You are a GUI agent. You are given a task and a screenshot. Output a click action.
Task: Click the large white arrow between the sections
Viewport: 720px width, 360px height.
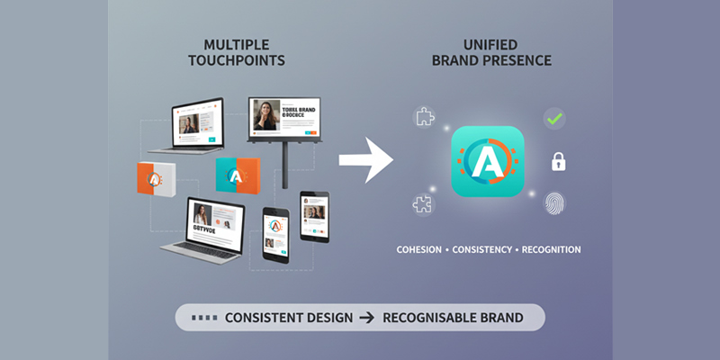366,161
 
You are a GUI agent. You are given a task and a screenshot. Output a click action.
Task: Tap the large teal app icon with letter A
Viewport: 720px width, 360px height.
487,162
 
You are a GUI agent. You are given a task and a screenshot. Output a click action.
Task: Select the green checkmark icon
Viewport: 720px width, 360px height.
554,118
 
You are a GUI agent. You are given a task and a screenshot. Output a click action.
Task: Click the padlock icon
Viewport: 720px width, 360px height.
558,162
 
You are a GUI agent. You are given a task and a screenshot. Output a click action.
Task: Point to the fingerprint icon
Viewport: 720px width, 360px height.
554,203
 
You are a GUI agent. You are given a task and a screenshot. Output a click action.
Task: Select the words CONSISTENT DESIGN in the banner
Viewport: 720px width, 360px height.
275,319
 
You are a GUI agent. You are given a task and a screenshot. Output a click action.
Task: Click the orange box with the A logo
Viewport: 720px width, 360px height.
154,179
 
